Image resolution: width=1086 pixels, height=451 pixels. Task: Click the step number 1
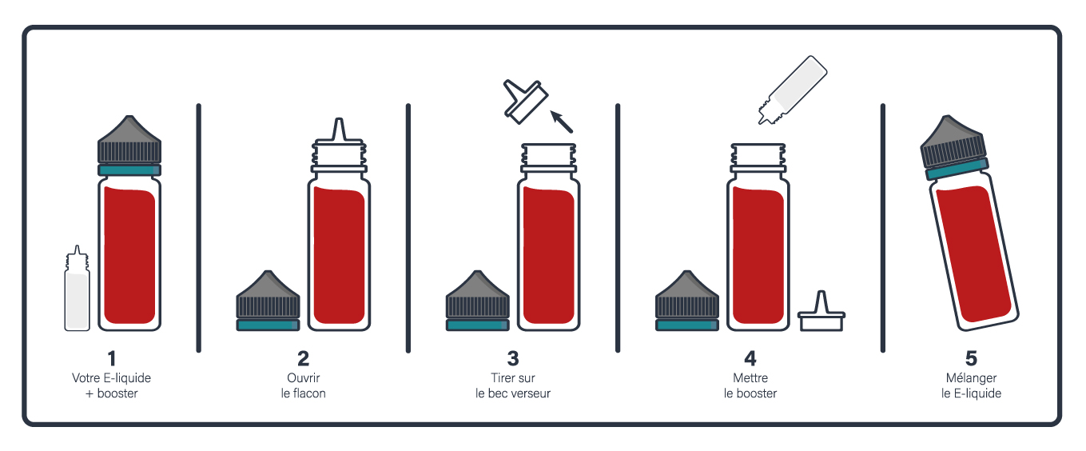[112, 359]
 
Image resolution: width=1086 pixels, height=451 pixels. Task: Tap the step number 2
[304, 359]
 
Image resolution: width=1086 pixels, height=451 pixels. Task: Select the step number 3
[513, 359]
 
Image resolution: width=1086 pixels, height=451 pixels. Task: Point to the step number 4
[750, 359]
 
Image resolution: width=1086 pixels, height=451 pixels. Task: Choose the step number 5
[971, 359]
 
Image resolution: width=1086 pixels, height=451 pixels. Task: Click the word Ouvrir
[304, 377]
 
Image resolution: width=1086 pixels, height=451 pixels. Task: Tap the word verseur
[531, 393]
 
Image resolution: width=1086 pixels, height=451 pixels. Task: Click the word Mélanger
[971, 378]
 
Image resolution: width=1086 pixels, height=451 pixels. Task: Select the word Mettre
[750, 377]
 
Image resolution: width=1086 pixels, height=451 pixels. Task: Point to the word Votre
[86, 377]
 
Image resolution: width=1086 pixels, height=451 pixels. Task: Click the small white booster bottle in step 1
[77, 289]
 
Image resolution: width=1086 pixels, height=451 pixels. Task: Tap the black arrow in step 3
[562, 122]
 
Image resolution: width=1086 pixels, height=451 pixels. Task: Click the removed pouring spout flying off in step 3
[525, 102]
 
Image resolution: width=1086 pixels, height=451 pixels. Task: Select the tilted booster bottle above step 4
[794, 90]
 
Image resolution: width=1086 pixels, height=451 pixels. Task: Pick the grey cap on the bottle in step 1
[129, 140]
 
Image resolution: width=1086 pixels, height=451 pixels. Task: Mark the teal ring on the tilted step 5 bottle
[957, 168]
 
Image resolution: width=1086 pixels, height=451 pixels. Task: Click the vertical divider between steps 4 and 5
[883, 228]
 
